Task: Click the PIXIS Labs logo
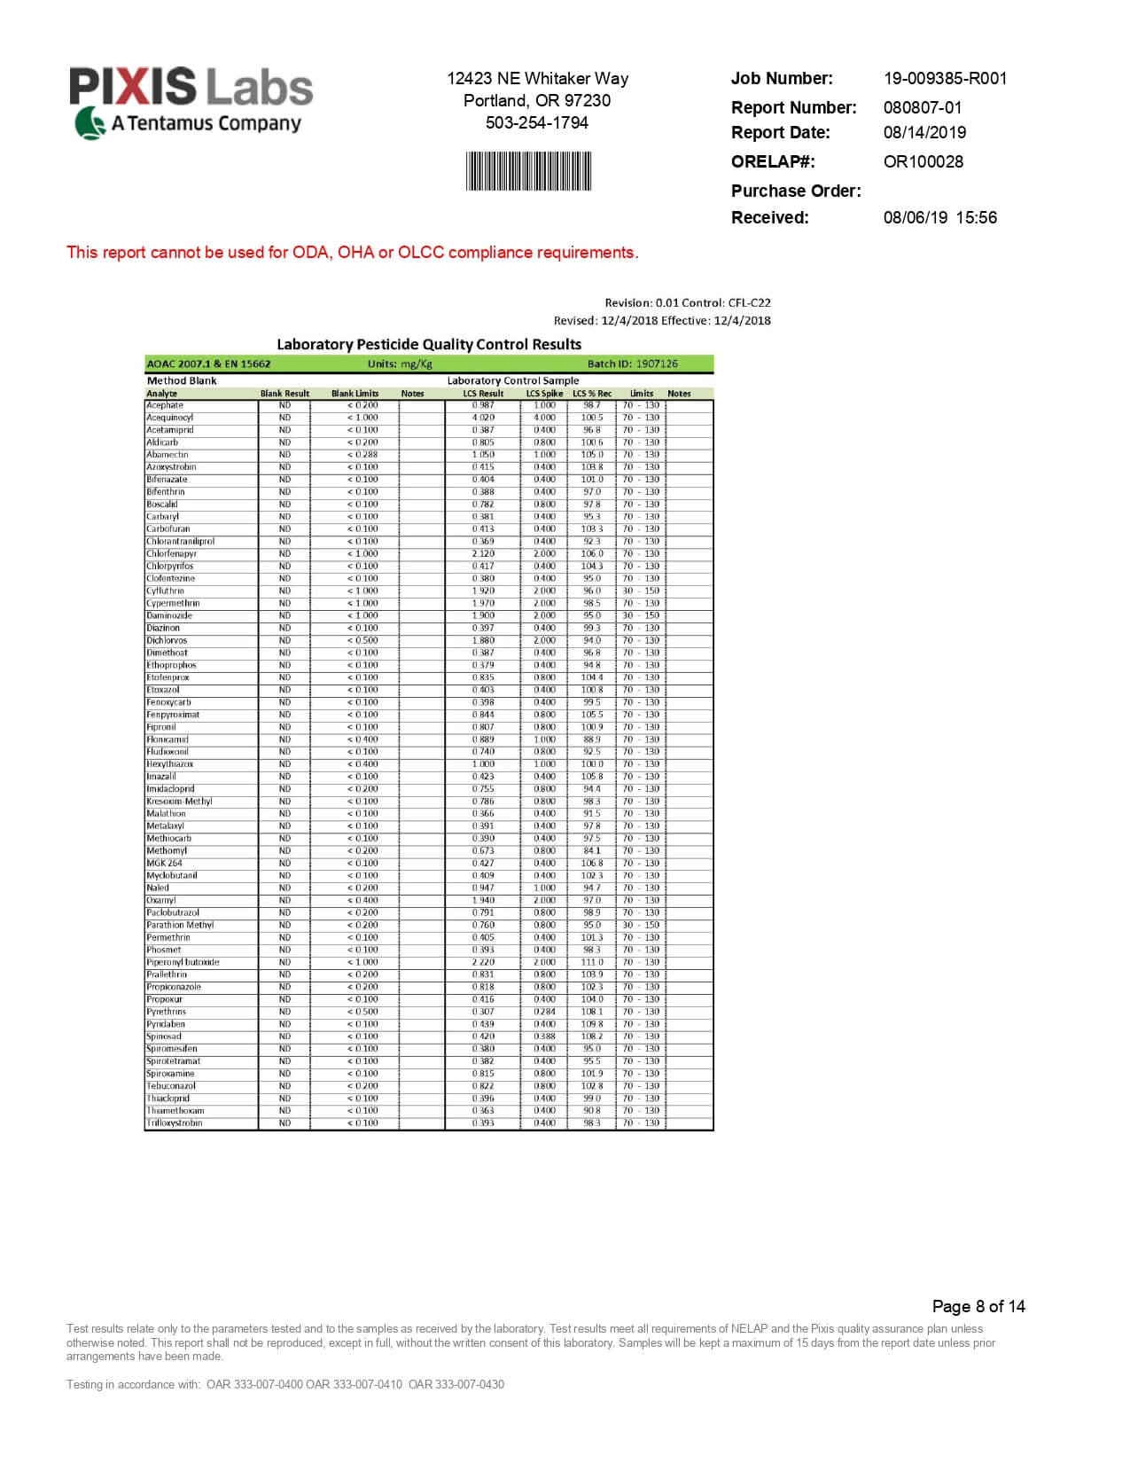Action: (191, 101)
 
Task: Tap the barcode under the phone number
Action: (529, 171)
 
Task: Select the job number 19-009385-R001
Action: (945, 78)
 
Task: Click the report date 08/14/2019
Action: (924, 132)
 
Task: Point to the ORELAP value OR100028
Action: (923, 161)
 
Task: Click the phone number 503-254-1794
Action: (536, 122)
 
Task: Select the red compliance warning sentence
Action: (353, 253)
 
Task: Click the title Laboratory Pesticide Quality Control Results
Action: (429, 344)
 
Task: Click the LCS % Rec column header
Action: (591, 393)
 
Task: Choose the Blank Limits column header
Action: (355, 393)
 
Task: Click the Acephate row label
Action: (165, 405)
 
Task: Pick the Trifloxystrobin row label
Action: (175, 1123)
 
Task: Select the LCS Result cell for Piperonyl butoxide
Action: (483, 962)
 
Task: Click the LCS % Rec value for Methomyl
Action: (591, 850)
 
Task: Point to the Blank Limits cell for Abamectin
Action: (362, 455)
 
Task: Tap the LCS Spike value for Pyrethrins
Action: (544, 1012)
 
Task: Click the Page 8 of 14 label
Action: (978, 1306)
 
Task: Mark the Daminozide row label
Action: (169, 615)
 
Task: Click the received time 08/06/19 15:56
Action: (939, 217)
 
